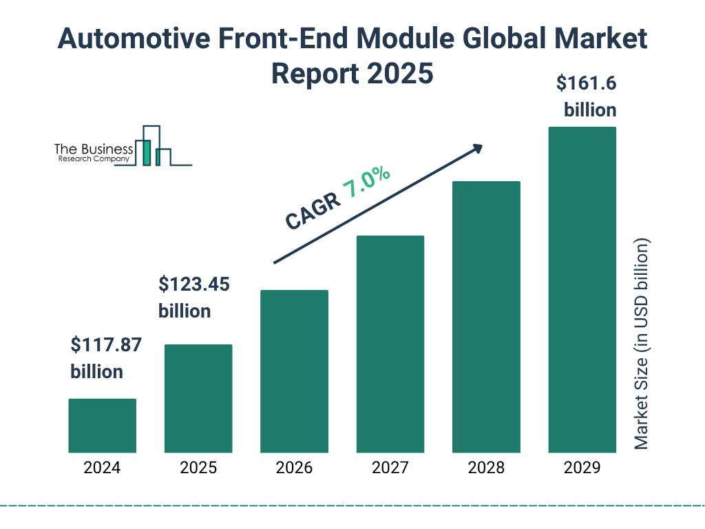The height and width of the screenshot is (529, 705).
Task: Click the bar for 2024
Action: [x=102, y=426]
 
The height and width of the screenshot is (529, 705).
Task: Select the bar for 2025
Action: [x=198, y=399]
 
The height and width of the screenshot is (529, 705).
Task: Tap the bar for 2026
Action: [x=294, y=371]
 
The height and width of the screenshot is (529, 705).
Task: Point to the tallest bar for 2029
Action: [x=582, y=290]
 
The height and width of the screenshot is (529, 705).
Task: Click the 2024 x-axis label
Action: [x=102, y=468]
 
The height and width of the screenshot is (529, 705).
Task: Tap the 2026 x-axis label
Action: [x=294, y=468]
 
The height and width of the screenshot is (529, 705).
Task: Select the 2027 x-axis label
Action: [x=390, y=468]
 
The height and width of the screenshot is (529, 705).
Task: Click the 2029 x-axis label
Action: [x=582, y=468]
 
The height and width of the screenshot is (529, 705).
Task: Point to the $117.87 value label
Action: [x=105, y=345]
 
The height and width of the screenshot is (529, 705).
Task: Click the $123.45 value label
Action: [x=193, y=284]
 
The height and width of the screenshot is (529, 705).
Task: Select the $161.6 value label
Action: [x=586, y=84]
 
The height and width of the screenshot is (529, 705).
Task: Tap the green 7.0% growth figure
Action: [x=367, y=183]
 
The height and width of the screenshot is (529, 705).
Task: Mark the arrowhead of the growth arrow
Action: [x=476, y=148]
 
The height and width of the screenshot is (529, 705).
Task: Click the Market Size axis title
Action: [x=642, y=344]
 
